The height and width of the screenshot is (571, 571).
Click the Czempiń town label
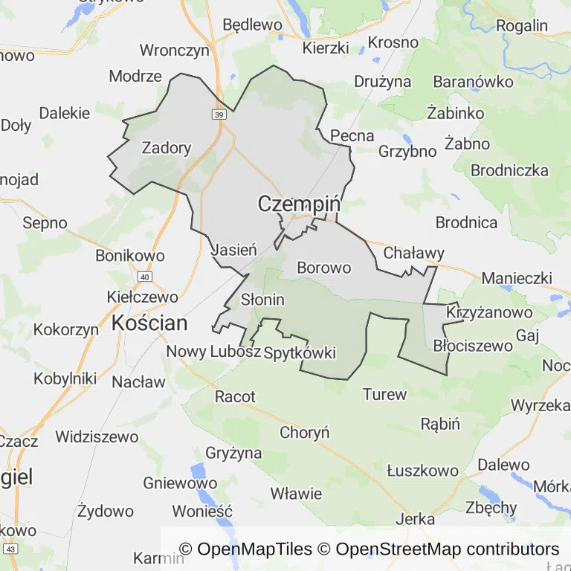[x=299, y=204]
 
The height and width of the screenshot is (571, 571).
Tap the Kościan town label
[x=149, y=323]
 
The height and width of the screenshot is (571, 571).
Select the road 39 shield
[x=218, y=114]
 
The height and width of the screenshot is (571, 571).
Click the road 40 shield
[x=145, y=277]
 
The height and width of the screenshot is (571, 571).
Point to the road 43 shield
[x=10, y=549]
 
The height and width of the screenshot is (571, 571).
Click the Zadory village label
[x=166, y=148]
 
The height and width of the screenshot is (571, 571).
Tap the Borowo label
[x=323, y=267]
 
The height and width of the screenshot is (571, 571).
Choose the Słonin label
[x=263, y=300]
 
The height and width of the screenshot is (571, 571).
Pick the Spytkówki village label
[x=300, y=352]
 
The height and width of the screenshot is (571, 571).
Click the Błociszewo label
[x=473, y=346]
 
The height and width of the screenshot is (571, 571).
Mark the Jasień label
[x=234, y=251]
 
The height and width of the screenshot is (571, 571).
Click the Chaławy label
[x=413, y=254]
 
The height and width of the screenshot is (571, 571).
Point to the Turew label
[x=384, y=394]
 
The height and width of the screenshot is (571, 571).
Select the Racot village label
[x=235, y=396]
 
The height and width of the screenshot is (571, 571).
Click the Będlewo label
[x=252, y=25]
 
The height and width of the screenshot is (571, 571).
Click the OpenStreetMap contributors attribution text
[x=448, y=549]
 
